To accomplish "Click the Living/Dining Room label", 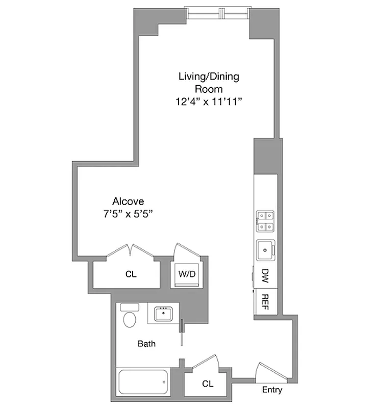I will pos(208,83).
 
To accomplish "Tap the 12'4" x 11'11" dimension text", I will pos(208,102).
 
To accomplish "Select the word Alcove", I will pos(129,201).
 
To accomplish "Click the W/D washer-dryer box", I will pos(187,274).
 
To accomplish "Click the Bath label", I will pos(146,343).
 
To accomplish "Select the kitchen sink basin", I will pos(266,249).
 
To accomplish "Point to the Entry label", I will pos(272,390).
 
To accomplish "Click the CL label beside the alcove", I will pos(131,274).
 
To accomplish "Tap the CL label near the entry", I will pos(207,383).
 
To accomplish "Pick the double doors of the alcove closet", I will pos(131,251).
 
